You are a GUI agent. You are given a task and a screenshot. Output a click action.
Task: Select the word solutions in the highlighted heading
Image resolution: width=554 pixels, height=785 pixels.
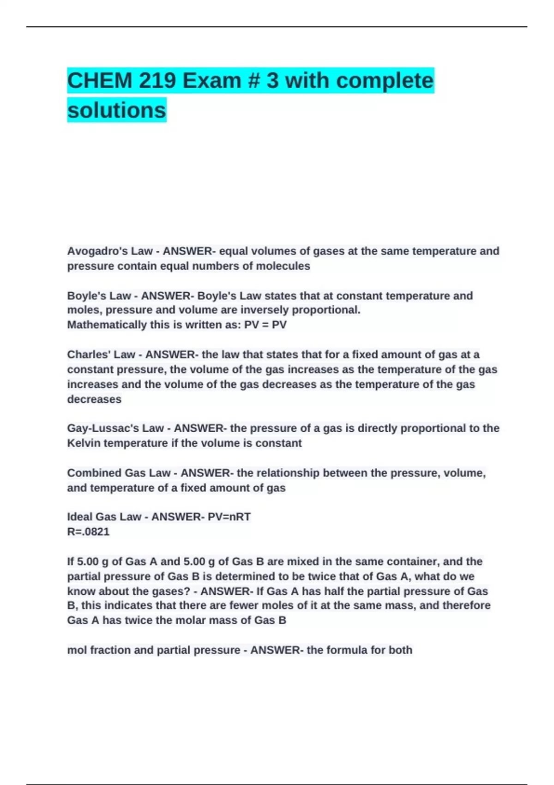116,110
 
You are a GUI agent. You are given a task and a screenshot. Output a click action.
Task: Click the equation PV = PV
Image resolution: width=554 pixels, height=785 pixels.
265,325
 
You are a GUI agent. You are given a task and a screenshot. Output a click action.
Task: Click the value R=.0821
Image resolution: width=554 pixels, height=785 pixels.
89,532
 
